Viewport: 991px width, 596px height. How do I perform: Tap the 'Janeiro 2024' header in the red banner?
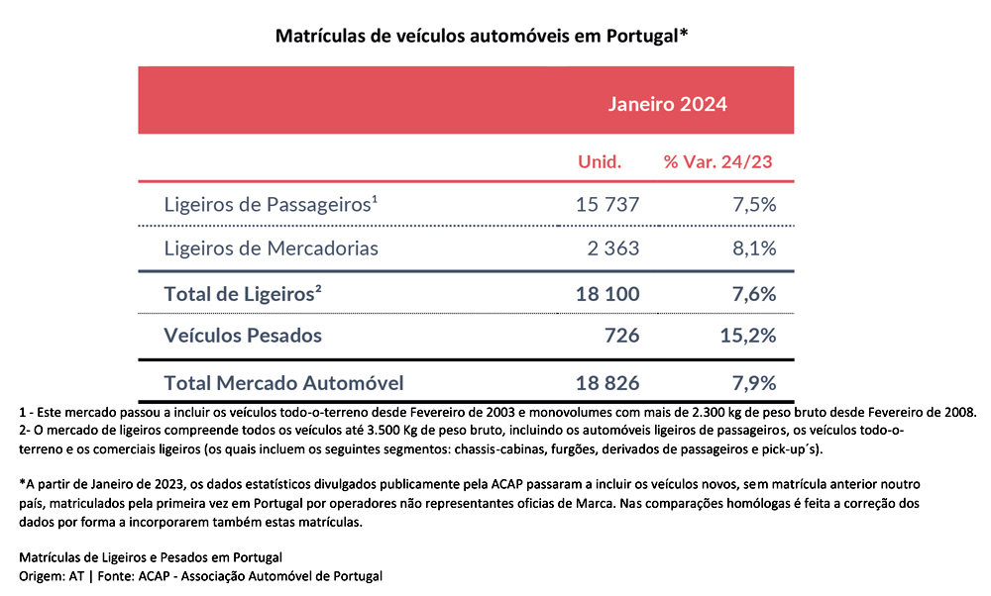667,104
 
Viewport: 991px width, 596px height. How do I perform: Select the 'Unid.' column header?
600,161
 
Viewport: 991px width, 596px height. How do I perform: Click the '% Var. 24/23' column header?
717,161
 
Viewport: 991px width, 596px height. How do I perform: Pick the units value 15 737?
607,205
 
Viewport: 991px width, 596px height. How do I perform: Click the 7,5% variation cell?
754,205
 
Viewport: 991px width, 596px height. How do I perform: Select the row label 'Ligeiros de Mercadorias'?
272,248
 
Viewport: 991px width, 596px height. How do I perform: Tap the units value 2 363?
613,248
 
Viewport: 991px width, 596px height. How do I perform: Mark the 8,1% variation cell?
754,248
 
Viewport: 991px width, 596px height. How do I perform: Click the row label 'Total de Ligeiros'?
243,294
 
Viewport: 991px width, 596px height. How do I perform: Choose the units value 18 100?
607,294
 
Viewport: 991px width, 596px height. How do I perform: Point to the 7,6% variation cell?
754,294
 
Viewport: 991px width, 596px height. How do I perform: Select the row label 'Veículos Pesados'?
243,336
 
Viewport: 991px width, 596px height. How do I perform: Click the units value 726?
622,336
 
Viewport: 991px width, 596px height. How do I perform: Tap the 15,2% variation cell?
747,336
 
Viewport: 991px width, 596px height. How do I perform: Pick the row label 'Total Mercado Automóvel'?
283,383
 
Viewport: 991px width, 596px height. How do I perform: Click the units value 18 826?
607,383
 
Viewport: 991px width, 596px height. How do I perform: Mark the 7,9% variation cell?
754,383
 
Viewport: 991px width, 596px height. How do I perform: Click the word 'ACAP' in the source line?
155,576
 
